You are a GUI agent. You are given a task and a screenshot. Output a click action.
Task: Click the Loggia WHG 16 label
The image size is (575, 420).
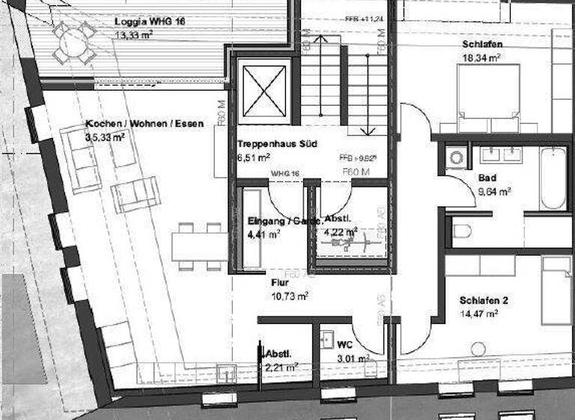tap(150, 22)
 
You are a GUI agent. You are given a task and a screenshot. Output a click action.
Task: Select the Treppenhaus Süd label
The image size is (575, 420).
tap(269, 143)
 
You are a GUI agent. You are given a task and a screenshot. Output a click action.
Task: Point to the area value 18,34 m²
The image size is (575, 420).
tap(481, 57)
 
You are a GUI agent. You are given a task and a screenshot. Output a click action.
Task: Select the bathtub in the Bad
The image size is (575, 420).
tap(553, 177)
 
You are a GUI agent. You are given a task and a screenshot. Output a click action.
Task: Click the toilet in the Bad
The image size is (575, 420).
tap(461, 231)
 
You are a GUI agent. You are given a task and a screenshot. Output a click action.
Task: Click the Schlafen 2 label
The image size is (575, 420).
tap(484, 301)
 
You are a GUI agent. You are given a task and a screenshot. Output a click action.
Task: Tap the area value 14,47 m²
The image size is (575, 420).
tap(479, 314)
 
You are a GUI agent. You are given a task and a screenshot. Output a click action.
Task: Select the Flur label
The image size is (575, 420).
tap(279, 283)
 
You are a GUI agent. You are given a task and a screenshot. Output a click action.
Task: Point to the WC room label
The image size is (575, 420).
tap(344, 344)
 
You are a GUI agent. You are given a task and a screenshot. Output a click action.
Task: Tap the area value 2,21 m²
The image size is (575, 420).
tap(282, 367)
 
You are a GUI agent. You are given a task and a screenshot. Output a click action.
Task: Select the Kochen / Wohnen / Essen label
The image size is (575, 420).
tap(144, 124)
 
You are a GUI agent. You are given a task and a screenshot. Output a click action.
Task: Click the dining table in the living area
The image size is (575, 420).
tap(199, 245)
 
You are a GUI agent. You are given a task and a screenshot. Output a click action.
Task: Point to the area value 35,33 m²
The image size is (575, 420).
tap(105, 138)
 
